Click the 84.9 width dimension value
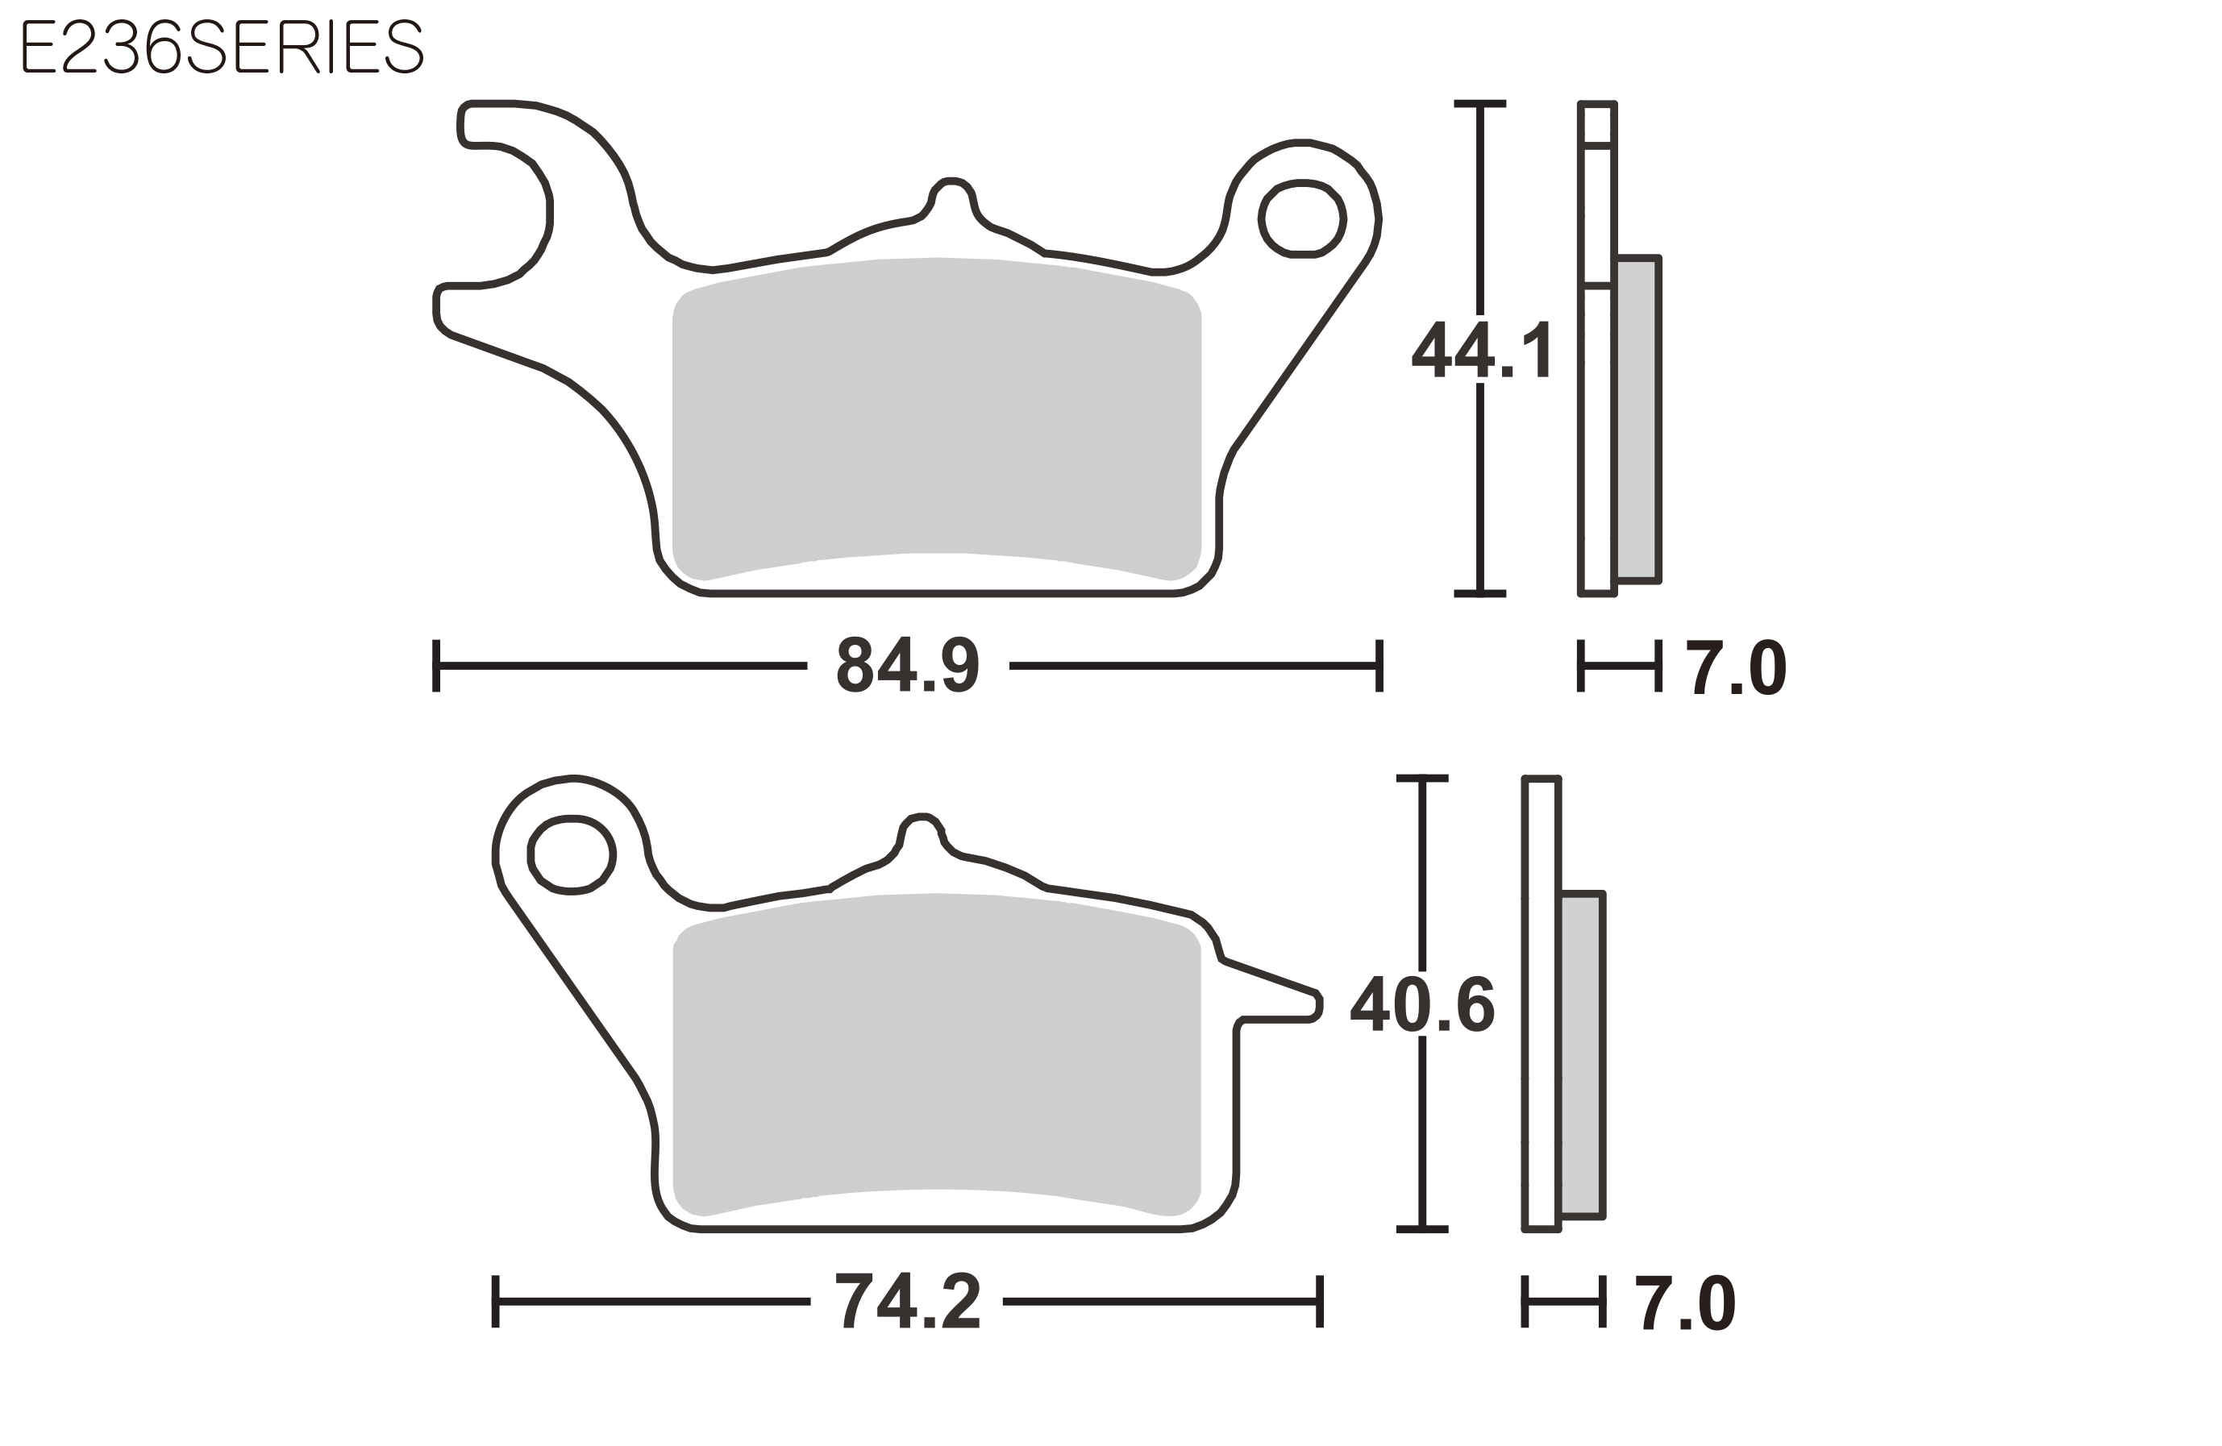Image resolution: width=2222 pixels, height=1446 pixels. pos(908,666)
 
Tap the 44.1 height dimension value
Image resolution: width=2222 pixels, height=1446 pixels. pos(1482,350)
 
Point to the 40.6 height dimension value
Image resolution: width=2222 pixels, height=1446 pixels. pos(1423,1004)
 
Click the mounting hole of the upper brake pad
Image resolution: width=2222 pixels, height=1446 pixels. pos(1302,218)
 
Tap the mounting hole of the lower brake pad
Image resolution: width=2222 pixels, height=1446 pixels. pos(572,855)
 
